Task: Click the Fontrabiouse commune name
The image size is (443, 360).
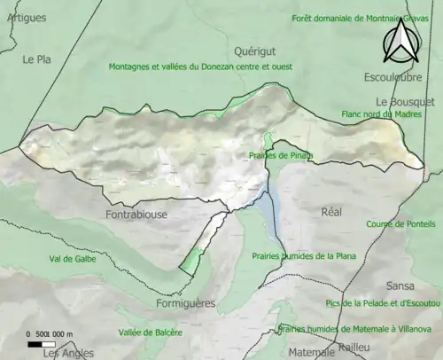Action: (x=136, y=215)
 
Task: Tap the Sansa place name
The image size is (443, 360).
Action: (x=400, y=286)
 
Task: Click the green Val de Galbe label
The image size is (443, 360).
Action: (x=73, y=259)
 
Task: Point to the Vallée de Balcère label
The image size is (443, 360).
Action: (x=150, y=333)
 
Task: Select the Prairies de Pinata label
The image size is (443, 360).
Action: (x=281, y=155)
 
